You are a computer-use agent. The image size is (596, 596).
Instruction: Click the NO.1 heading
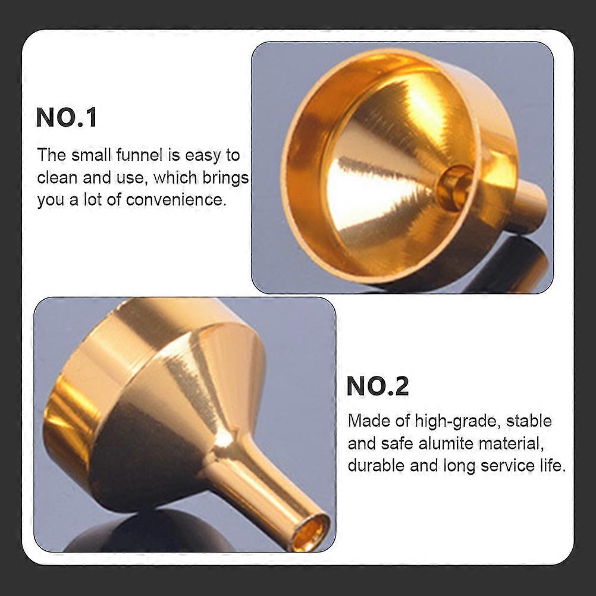coord(67,117)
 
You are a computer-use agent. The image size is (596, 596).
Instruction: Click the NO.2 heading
coord(378,386)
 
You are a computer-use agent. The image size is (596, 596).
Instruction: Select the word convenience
coord(176,199)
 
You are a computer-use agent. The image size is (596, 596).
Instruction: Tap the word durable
coord(376,466)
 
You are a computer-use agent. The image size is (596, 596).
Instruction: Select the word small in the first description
coord(90,155)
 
